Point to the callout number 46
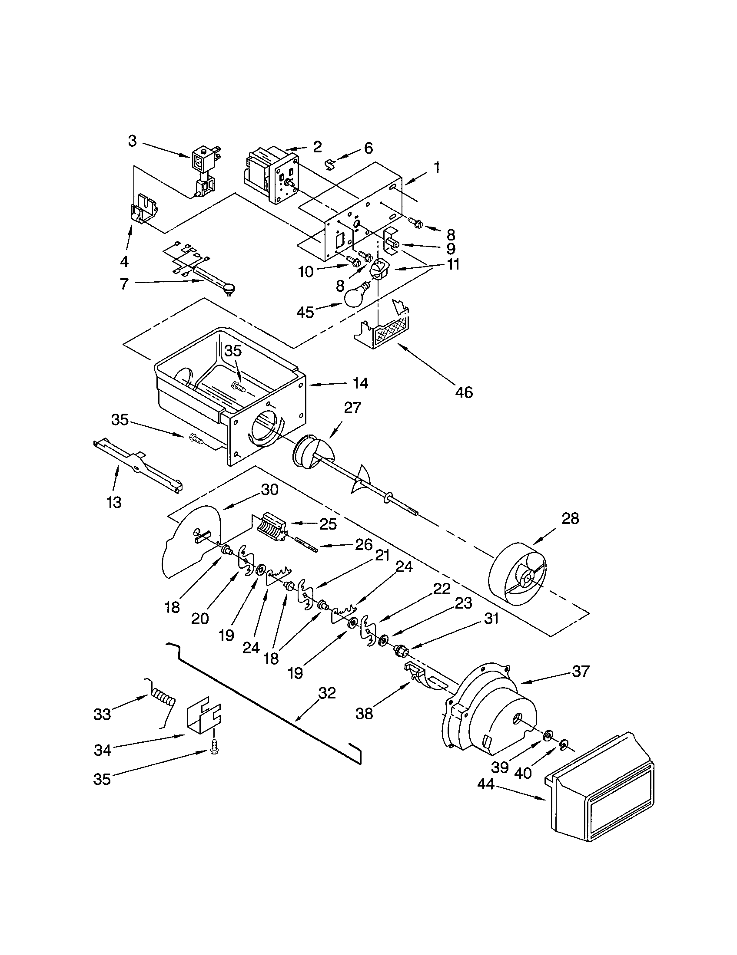coord(464,392)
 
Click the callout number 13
coord(114,502)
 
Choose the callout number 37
coord(581,671)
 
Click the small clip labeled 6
coord(331,165)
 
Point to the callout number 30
coord(269,490)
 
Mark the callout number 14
coord(361,383)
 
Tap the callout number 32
coord(327,693)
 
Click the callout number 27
coord(352,408)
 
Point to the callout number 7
coord(124,284)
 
